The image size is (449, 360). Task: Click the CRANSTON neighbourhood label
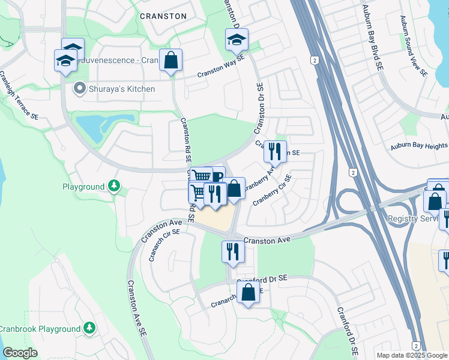pyautogui.click(x=163, y=16)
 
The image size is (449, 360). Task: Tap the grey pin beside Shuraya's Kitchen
pyautogui.click(x=79, y=89)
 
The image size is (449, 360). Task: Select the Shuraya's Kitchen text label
pyautogui.click(x=121, y=89)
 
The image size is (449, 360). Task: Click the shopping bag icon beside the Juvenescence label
pyautogui.click(x=171, y=61)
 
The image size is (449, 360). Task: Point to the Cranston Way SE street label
pyautogui.click(x=221, y=67)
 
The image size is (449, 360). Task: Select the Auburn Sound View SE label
pyautogui.click(x=414, y=46)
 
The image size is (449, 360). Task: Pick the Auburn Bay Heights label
pyautogui.click(x=418, y=146)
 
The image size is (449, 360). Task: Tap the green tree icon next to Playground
pyautogui.click(x=113, y=187)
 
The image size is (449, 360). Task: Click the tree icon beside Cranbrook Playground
pyautogui.click(x=89, y=328)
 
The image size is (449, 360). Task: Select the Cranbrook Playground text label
pyautogui.click(x=40, y=329)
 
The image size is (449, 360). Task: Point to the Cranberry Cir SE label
pyautogui.click(x=272, y=190)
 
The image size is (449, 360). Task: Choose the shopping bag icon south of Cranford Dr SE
pyautogui.click(x=249, y=293)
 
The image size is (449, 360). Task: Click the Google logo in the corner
pyautogui.click(x=20, y=353)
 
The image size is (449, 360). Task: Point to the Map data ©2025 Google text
pyautogui.click(x=411, y=355)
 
